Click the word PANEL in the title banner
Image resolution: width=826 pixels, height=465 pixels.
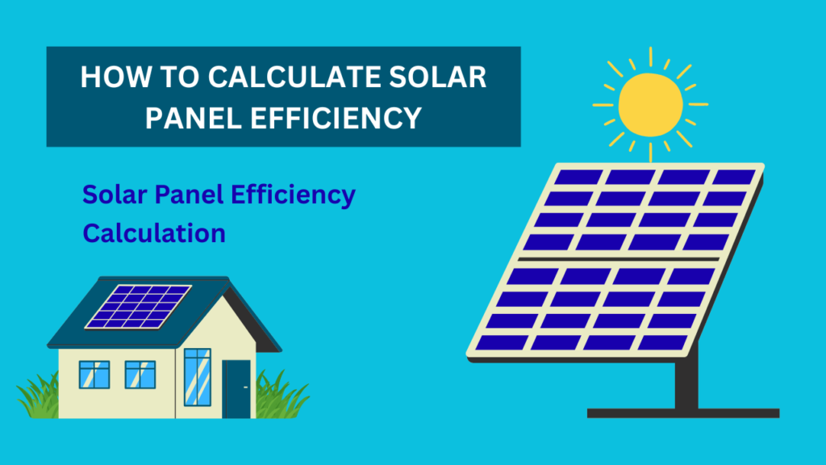click(x=192, y=118)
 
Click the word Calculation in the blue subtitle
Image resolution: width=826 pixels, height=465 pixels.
click(x=154, y=233)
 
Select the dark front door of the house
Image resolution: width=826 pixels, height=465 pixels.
click(x=236, y=388)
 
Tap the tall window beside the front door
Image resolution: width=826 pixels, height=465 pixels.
click(x=197, y=379)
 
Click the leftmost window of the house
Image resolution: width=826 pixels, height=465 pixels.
click(x=94, y=374)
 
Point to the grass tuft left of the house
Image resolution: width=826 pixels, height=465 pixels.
click(x=36, y=397)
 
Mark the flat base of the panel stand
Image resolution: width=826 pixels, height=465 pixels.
click(x=682, y=413)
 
